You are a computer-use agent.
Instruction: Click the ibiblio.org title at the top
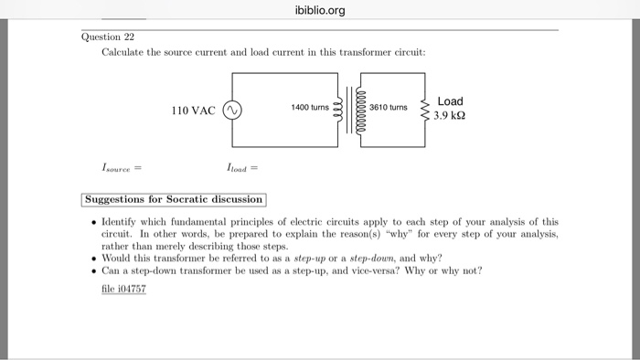(x=320, y=11)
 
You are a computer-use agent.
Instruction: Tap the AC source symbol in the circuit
(x=231, y=111)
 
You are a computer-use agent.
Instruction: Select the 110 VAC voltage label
(x=193, y=111)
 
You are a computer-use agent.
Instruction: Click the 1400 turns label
(x=309, y=108)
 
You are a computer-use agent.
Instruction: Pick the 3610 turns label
(x=389, y=108)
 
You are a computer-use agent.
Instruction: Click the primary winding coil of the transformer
(x=339, y=110)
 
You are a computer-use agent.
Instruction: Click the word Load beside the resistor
(x=451, y=101)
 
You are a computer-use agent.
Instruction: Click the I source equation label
(x=121, y=167)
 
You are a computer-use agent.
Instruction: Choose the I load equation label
(x=241, y=167)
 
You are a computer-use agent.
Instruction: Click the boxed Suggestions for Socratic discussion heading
(x=174, y=199)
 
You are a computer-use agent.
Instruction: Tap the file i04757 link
(x=123, y=289)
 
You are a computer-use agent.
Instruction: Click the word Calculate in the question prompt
(x=125, y=53)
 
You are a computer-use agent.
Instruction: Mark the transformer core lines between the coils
(x=349, y=110)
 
